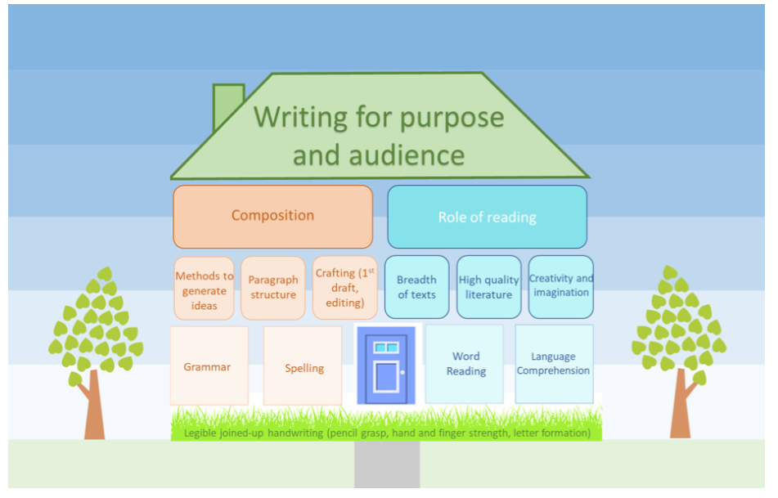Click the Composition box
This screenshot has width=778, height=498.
[x=272, y=217]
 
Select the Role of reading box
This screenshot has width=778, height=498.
[x=487, y=217]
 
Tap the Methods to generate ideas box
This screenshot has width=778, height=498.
[x=204, y=289]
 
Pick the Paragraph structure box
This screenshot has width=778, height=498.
[x=273, y=288]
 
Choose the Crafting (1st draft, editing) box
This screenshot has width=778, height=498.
[x=344, y=288]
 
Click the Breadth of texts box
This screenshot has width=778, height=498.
[x=416, y=287]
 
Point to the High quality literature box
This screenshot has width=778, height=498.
[x=488, y=287]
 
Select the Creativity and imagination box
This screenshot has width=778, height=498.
[x=560, y=286]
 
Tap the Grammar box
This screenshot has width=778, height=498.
[x=208, y=366]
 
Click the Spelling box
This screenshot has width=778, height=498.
[x=303, y=366]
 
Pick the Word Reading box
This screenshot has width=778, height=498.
[x=465, y=364]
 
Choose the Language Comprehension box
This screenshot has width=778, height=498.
[x=553, y=364]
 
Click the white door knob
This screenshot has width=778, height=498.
[x=402, y=373]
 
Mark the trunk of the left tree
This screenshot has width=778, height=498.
[x=94, y=409]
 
